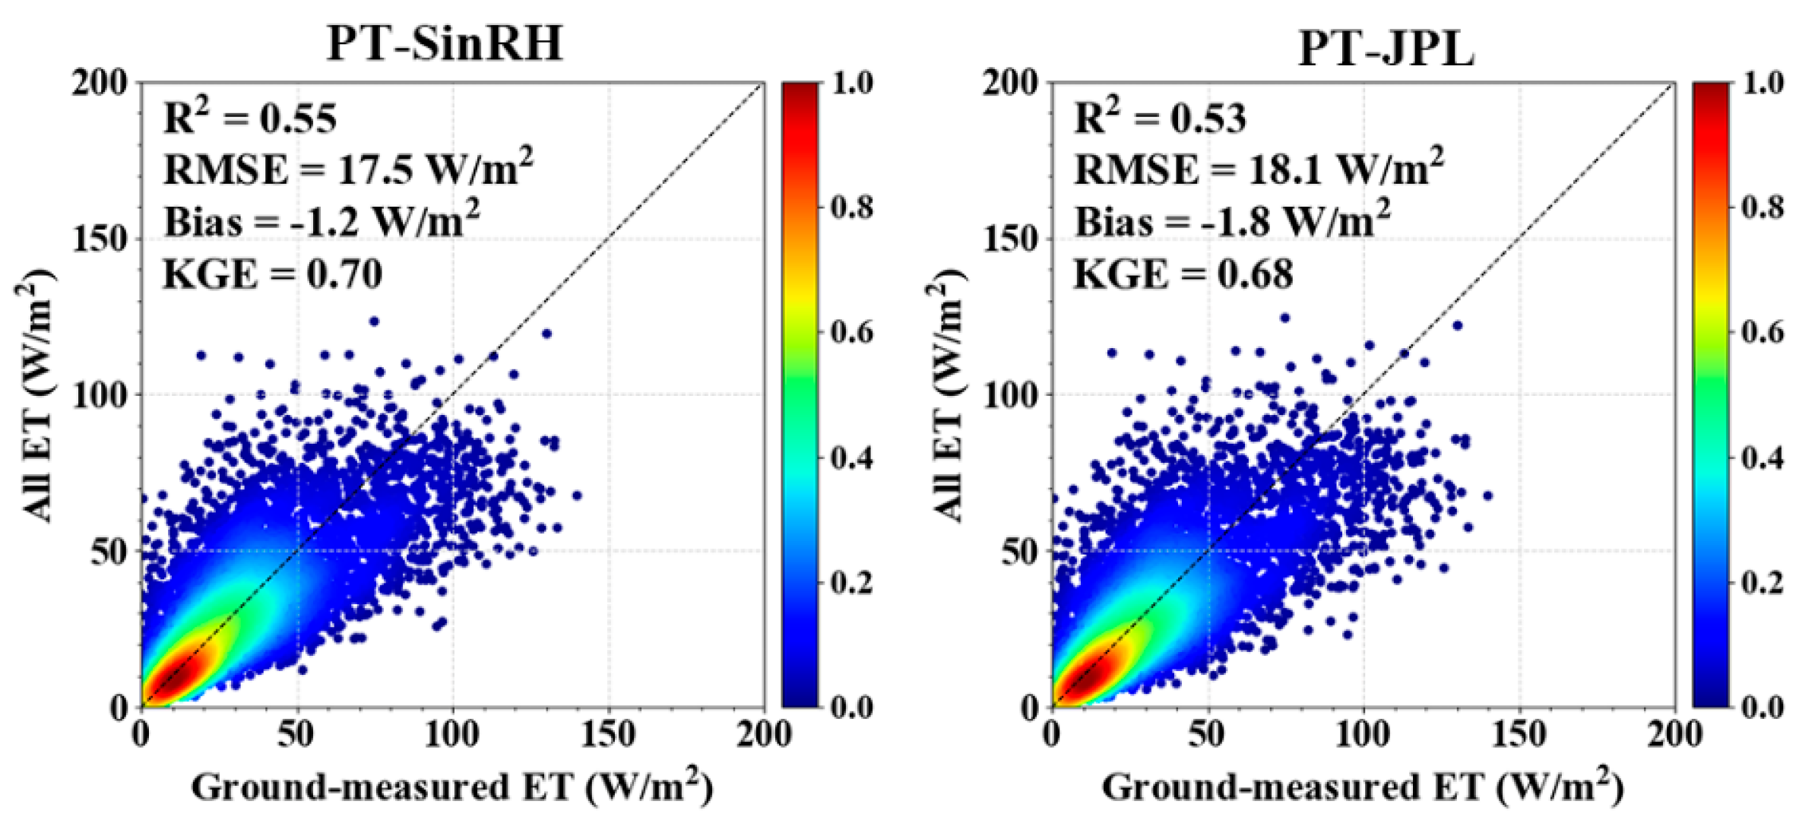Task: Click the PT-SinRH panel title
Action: (445, 44)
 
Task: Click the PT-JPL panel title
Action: (1386, 49)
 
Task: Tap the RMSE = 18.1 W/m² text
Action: (1259, 168)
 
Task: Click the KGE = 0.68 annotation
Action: (1183, 274)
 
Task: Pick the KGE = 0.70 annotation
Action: (272, 274)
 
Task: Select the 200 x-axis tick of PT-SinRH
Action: (763, 734)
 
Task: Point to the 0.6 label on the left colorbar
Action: (851, 332)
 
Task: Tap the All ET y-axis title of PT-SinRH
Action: (35, 395)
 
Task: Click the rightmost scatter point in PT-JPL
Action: (1487, 495)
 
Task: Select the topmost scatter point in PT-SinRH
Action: (374, 321)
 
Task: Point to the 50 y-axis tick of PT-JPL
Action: (1019, 552)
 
